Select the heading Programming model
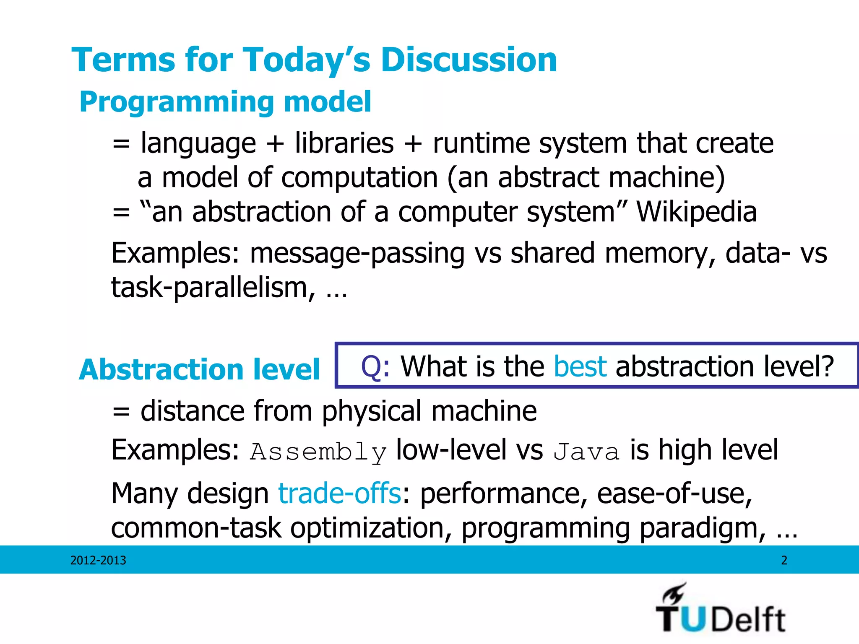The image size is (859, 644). coord(225,102)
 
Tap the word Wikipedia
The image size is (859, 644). coord(697,212)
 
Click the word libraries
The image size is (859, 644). coord(344,143)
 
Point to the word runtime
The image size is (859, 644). coord(482,143)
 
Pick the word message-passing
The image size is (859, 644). coord(357,254)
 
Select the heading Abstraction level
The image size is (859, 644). coord(199,370)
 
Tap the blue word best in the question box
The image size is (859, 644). coord(580,366)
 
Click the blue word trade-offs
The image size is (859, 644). coord(340,493)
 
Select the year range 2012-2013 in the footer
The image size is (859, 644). coord(98,561)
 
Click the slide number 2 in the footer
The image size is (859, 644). coord(784,561)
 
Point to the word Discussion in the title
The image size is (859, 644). coord(469,60)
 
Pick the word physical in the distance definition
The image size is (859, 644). coord(372,411)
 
